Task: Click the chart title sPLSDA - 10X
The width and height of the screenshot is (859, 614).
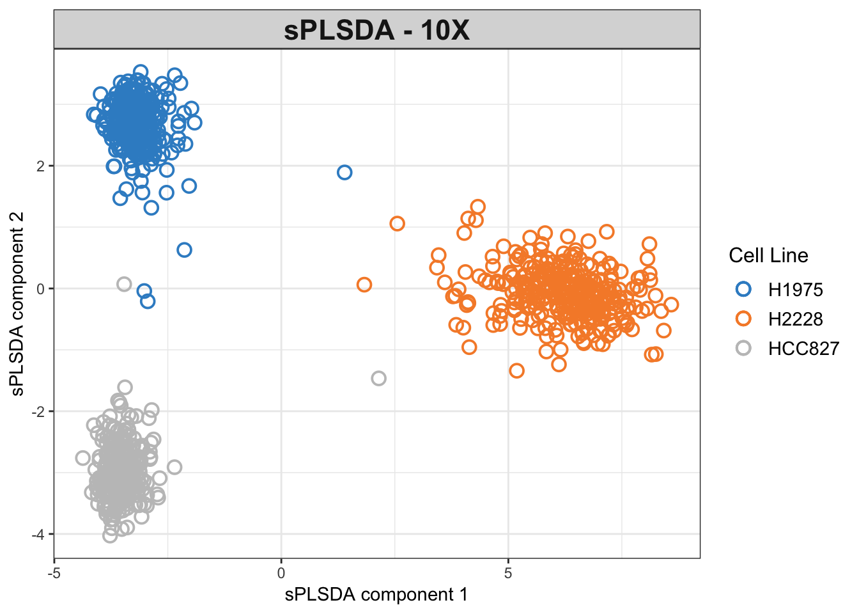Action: pos(376,30)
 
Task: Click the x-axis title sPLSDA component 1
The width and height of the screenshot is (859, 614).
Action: pos(376,594)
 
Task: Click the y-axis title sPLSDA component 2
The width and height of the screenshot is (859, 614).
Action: pos(17,303)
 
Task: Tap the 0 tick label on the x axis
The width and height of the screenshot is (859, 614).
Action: pos(281,572)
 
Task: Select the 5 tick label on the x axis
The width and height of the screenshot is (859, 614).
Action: pos(508,572)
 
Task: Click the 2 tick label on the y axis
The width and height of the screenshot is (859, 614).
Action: pos(41,166)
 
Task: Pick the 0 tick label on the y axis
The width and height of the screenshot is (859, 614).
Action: pos(41,289)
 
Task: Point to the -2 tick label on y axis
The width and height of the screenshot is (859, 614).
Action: pos(39,412)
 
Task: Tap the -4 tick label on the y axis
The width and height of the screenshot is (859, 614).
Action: pos(39,535)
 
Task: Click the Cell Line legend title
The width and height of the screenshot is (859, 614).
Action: pos(768,256)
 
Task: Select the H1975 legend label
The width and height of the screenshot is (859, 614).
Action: pos(795,290)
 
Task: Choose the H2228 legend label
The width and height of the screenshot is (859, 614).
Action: pos(795,319)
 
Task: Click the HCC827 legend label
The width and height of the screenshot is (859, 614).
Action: pos(803,349)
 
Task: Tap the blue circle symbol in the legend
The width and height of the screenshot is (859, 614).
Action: pos(743,289)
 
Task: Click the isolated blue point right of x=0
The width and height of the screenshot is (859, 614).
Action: pos(344,172)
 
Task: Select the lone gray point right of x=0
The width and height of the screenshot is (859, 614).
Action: pos(378,378)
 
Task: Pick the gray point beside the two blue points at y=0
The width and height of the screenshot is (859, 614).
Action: pos(124,284)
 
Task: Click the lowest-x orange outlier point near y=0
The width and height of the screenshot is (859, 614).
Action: pos(364,285)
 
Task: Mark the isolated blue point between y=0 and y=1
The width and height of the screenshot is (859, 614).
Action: pos(184,250)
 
